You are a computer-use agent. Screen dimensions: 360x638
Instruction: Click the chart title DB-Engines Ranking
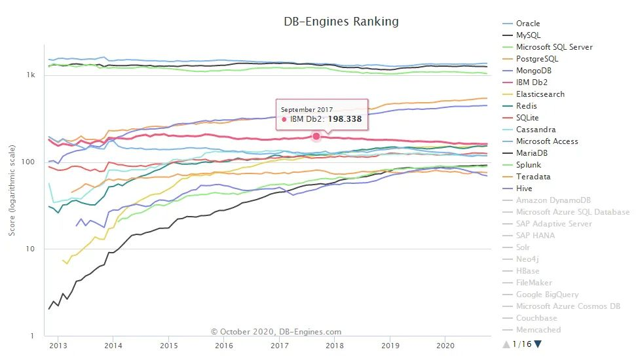pos(341,22)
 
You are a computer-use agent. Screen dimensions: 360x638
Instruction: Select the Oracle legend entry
pos(528,24)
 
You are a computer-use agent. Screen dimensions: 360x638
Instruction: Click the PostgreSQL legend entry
pos(537,59)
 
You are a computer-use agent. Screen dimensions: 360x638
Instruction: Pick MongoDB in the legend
pos(535,71)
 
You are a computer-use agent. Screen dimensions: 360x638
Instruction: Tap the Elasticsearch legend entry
pos(540,94)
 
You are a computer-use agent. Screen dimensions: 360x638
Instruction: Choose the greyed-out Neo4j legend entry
pos(528,259)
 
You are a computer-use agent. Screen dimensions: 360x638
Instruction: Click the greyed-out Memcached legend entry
pos(538,330)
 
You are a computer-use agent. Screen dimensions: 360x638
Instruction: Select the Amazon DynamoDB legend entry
pos(552,200)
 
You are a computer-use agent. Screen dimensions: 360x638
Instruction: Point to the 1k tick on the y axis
pos(31,75)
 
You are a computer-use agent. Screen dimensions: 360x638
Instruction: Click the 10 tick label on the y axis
pos(31,249)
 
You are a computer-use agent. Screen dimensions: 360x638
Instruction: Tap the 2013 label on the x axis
pos(58,345)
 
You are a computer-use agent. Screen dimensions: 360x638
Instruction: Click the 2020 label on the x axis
pos(445,345)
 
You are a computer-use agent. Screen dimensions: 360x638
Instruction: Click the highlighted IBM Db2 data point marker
pos(316,136)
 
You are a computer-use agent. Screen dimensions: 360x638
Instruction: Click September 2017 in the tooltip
pos(307,109)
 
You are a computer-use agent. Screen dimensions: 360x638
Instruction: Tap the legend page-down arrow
pos(538,344)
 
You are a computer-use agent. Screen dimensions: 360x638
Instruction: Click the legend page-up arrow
pos(506,344)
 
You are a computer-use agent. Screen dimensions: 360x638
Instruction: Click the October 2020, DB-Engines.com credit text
pos(276,332)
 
